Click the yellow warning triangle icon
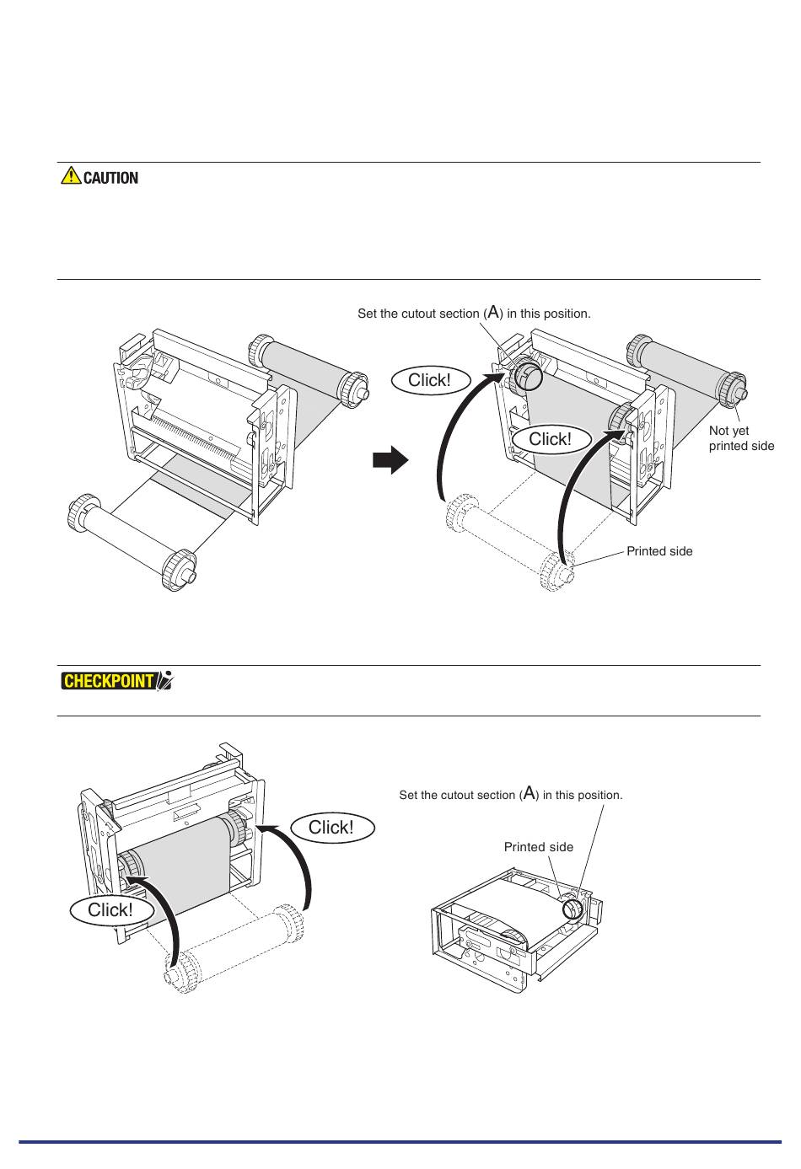point(71,176)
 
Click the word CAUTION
point(110,178)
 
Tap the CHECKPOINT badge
point(109,680)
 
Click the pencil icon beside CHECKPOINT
point(165,680)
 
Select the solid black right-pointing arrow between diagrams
point(390,461)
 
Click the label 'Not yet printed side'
point(740,438)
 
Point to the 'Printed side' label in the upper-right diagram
point(659,551)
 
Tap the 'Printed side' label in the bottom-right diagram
point(538,847)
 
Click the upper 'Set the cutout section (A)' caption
point(474,314)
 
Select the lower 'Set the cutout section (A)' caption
point(510,795)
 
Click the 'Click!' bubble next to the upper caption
point(429,380)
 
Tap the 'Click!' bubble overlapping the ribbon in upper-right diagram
point(550,439)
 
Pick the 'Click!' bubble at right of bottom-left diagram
point(331,828)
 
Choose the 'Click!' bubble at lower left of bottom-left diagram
point(110,910)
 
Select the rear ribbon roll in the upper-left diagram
point(307,366)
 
